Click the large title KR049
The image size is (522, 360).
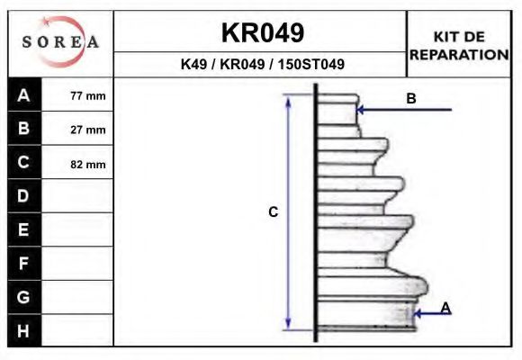click(262, 33)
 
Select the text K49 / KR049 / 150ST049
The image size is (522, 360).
click(262, 65)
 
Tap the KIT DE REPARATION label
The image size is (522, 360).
click(459, 45)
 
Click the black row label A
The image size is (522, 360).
click(24, 95)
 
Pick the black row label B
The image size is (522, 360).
click(24, 129)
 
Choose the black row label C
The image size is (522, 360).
click(24, 163)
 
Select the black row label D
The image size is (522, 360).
click(24, 196)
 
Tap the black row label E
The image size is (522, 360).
click(24, 230)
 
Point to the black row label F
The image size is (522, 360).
click(24, 264)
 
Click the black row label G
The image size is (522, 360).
click(24, 297)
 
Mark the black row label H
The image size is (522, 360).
click(24, 330)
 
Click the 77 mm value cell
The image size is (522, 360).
click(87, 95)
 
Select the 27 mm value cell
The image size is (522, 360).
click(87, 130)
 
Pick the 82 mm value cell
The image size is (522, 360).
click(87, 164)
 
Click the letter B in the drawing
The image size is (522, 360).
click(411, 99)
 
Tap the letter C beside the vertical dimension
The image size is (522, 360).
click(274, 212)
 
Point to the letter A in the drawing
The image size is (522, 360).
click(445, 309)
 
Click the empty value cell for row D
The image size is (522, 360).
click(78, 196)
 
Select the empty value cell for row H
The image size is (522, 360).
click(78, 330)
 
